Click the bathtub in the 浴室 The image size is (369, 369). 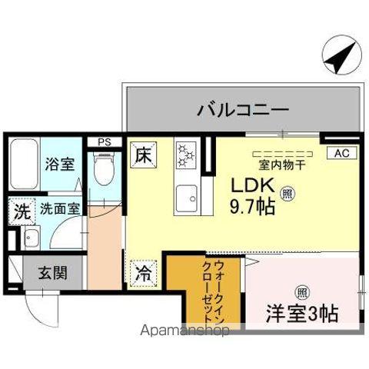[24, 165]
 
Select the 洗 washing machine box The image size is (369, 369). [20, 210]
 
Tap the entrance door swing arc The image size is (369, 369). [37, 311]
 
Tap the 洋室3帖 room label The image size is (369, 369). [301, 314]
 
